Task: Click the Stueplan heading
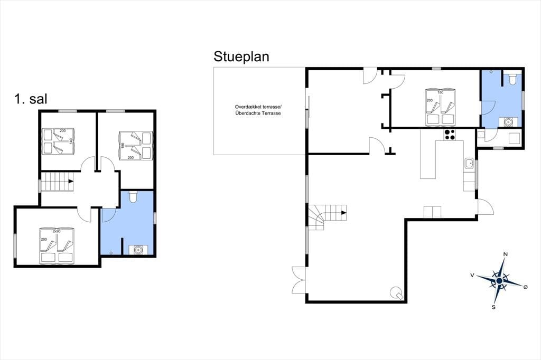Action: pos(241,57)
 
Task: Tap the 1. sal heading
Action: pos(31,99)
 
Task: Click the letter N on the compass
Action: pos(506,254)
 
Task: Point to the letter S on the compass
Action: pos(494,307)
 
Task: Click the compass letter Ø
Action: pos(526,287)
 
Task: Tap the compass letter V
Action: pos(472,275)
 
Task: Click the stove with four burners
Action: pos(450,135)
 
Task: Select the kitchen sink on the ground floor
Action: pos(469,163)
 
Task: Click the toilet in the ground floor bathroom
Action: pos(512,79)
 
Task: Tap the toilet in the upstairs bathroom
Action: pos(133,197)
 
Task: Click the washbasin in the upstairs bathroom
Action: pos(138,249)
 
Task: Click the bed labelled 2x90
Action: pos(57,245)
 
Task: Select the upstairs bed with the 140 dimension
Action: pos(58,141)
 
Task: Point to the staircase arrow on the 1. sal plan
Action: pos(70,181)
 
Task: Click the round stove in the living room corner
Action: pos(396,293)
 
